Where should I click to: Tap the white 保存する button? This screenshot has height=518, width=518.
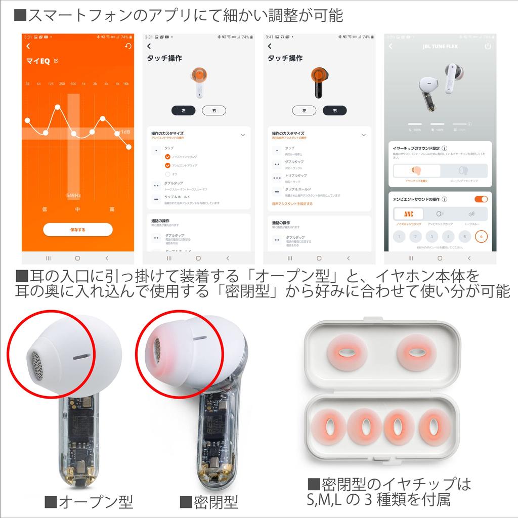coord(77,229)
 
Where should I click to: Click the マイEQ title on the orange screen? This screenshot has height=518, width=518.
coord(38,61)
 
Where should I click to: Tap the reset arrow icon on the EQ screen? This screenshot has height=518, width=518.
coord(128,47)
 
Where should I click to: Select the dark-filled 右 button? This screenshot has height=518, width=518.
coord(334,110)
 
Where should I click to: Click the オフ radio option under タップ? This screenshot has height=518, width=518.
coord(167,174)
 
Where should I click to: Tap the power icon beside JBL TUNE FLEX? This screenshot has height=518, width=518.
coord(488,47)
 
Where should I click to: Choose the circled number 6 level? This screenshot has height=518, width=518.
coord(482,236)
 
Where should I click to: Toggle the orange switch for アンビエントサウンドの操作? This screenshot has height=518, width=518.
coord(481,199)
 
